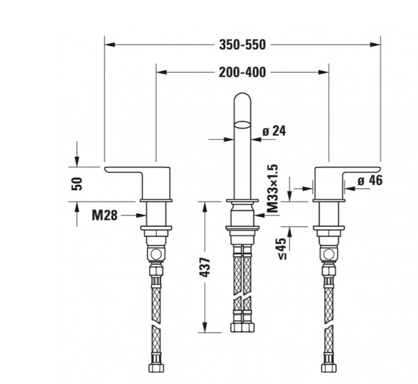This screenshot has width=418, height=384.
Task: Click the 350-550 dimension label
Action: click(242, 45)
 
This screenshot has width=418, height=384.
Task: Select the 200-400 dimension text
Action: click(242, 72)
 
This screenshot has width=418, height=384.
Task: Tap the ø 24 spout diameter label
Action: click(274, 131)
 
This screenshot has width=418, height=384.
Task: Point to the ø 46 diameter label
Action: click(370, 180)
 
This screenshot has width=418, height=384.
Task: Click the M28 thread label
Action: click(104, 215)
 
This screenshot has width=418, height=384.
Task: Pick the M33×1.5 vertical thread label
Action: click(272, 188)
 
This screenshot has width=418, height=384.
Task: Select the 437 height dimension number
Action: click(205, 267)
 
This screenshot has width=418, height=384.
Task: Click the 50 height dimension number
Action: click(77, 184)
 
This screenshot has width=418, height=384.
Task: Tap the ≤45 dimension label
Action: click(282, 249)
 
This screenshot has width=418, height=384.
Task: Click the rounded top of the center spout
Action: click(242, 97)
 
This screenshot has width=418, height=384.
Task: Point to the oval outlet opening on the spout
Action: click(242, 125)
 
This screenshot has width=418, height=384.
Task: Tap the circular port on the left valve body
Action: click(156, 254)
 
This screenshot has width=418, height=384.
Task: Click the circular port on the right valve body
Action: click(328, 254)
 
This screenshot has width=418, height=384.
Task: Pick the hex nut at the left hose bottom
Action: click(156, 368)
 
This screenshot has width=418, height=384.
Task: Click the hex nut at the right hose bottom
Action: click(329, 368)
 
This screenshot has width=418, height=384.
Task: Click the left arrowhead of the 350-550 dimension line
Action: click(110, 45)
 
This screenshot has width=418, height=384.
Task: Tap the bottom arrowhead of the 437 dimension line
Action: click(205, 327)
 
